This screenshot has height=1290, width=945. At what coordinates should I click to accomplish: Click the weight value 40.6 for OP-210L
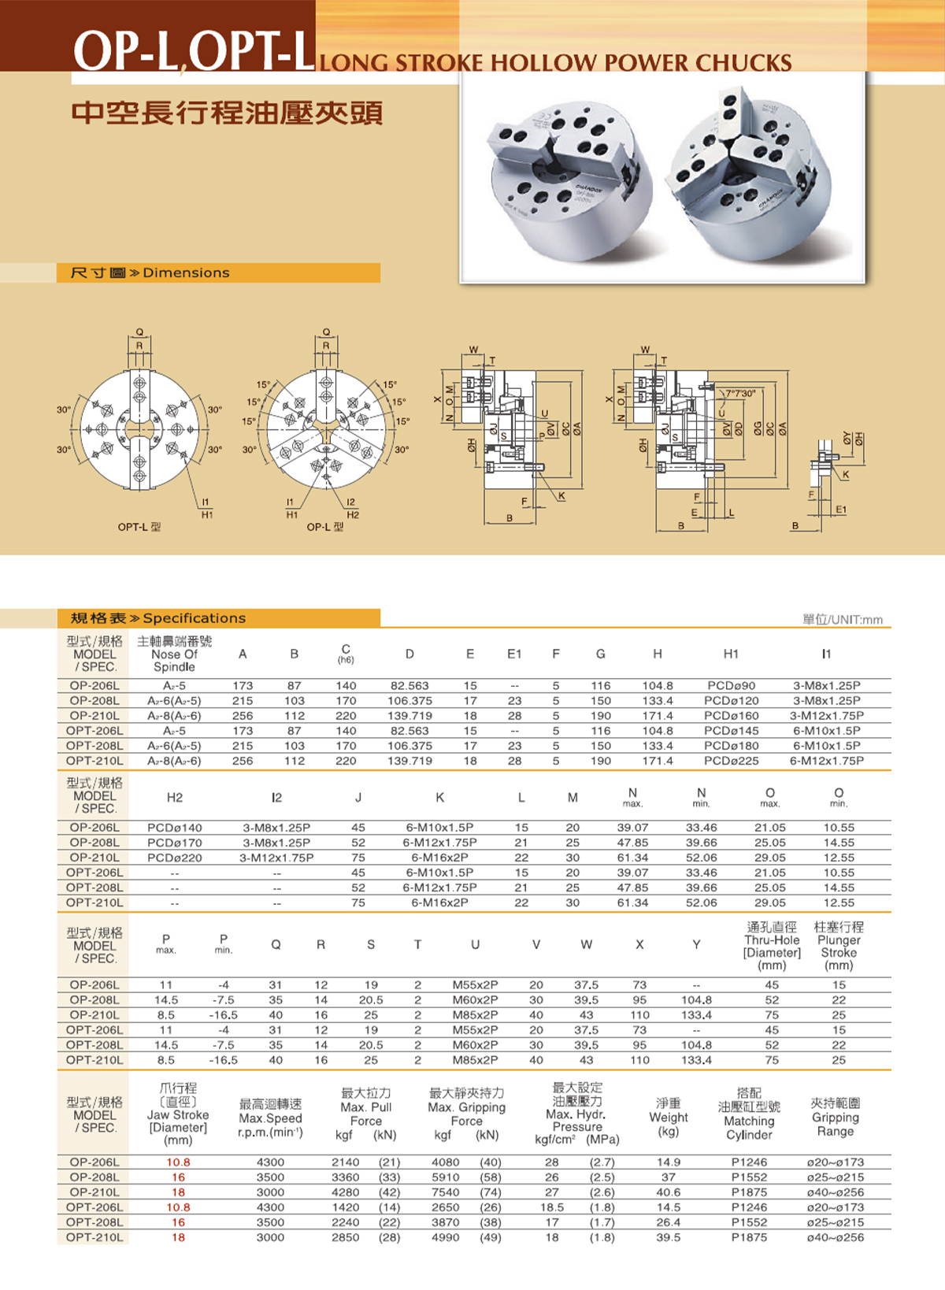click(x=668, y=1192)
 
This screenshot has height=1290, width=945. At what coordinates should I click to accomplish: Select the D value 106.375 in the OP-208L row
click(x=409, y=700)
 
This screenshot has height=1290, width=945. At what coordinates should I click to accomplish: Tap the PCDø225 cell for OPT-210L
click(x=732, y=760)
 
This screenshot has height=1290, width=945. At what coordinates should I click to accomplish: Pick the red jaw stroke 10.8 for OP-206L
click(x=178, y=1162)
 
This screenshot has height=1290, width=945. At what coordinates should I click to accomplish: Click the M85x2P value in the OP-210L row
click(x=475, y=1014)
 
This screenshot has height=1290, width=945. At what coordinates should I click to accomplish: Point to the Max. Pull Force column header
click(x=366, y=1114)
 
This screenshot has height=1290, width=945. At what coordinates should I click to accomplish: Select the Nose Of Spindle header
click(x=174, y=661)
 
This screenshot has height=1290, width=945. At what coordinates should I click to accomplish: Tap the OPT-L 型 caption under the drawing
click(x=139, y=527)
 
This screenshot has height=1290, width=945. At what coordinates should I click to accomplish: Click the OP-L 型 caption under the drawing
click(x=324, y=527)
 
